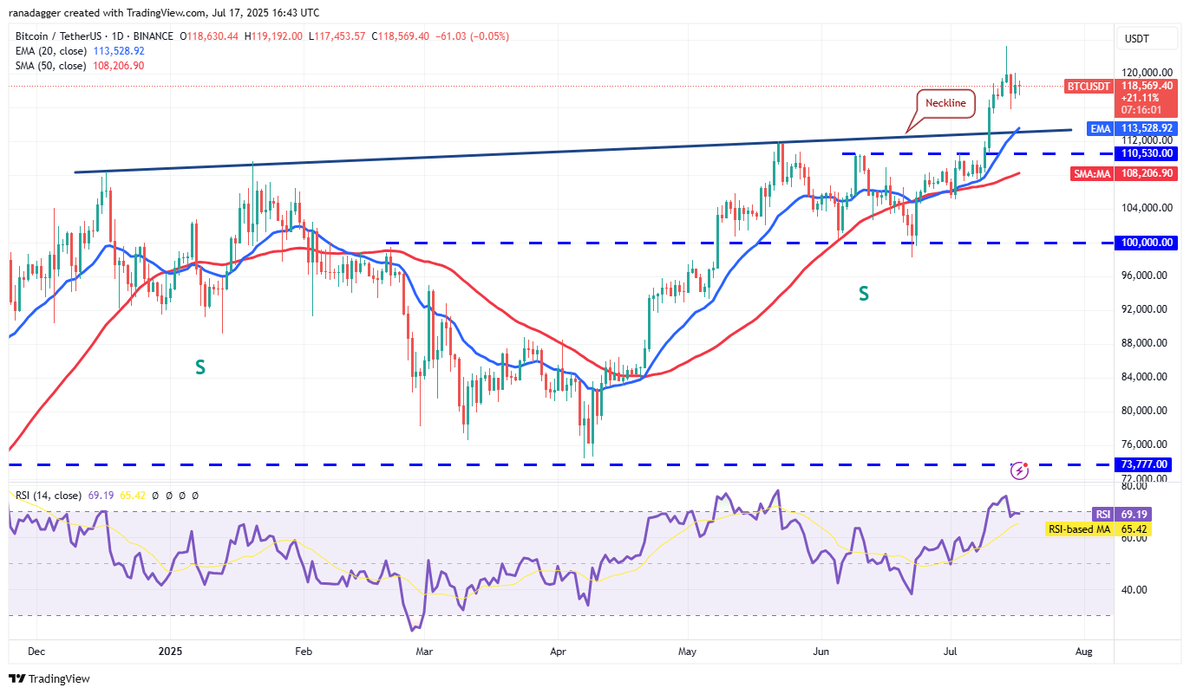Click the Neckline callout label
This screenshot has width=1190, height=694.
[x=945, y=102]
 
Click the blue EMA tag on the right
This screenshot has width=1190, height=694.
[x=1100, y=128]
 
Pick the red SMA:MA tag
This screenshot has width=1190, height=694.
[x=1090, y=173]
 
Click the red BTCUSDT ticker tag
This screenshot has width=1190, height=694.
[x=1088, y=86]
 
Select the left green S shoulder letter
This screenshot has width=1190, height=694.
[x=199, y=367]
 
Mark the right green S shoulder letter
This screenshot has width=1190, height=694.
[x=863, y=294]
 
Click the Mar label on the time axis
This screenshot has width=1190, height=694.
[x=424, y=649]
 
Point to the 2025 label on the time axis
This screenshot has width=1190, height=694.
[x=170, y=649]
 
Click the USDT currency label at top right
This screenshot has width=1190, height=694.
[x=1136, y=38]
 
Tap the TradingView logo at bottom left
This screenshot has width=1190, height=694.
[x=49, y=678]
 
